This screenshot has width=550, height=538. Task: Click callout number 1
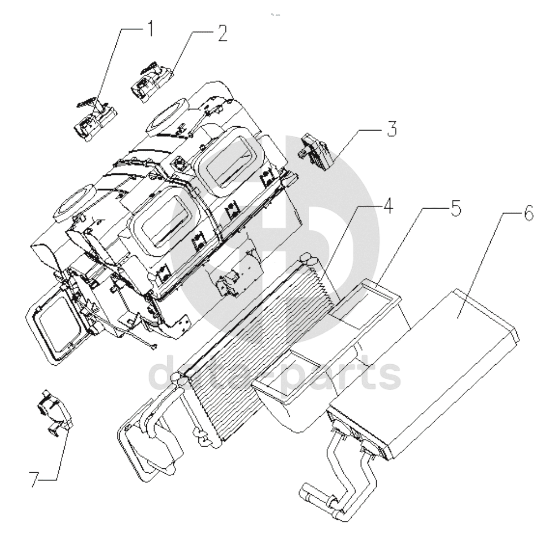click(150, 28)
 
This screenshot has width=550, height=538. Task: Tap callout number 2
click(223, 34)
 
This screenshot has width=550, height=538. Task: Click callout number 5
click(455, 208)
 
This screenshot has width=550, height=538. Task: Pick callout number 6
click(528, 213)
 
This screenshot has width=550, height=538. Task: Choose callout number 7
click(34, 479)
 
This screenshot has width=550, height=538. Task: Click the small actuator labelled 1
click(95, 120)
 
